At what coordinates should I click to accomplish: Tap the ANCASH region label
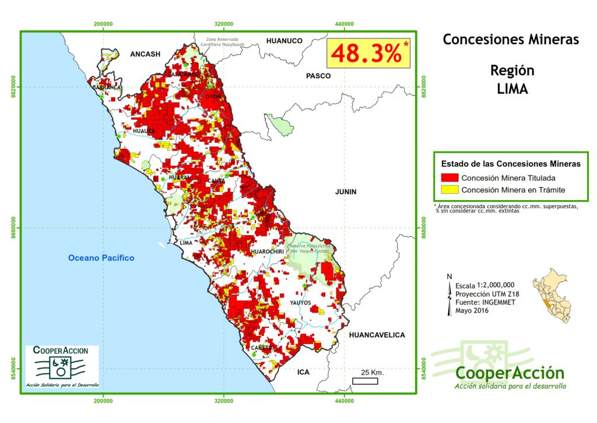click(145, 54)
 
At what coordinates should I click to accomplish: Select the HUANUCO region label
click(284, 41)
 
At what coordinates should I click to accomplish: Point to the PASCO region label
click(318, 76)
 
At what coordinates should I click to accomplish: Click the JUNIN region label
click(346, 191)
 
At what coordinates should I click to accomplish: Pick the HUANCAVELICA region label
click(377, 335)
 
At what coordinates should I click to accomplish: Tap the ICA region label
click(303, 372)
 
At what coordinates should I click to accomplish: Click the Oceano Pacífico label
click(101, 258)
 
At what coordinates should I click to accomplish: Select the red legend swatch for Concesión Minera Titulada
click(449, 178)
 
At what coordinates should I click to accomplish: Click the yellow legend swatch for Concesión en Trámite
click(449, 190)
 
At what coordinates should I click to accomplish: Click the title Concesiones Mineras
click(511, 40)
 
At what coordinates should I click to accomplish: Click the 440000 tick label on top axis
click(345, 23)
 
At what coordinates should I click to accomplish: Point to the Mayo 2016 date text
click(472, 310)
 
